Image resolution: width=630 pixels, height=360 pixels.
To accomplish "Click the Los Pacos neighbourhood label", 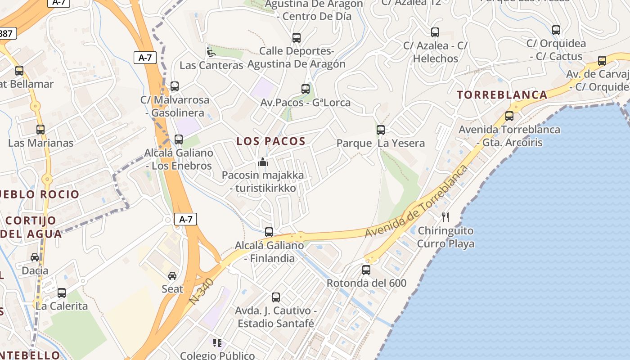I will [x=271, y=141].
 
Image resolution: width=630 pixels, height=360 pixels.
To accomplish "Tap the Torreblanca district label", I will [x=502, y=95].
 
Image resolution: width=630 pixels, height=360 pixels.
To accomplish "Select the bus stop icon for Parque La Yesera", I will [x=381, y=130].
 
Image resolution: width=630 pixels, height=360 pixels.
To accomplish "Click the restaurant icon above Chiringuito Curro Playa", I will [x=445, y=217].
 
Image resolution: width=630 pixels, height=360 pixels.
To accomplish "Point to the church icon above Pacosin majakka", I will [x=263, y=162].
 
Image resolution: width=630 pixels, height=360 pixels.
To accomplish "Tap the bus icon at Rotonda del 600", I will [x=366, y=270].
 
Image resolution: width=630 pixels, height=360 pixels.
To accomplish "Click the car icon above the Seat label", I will [x=172, y=275].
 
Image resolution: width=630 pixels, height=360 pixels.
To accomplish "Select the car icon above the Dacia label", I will [x=35, y=257].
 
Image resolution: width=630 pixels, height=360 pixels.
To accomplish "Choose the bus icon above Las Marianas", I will [x=40, y=130].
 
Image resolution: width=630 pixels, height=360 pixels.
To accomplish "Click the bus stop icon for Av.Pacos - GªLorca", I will [x=306, y=89].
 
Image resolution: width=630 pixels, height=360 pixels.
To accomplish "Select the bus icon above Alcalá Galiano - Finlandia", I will [x=269, y=232].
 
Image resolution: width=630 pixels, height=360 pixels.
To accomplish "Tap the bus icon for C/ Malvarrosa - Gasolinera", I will [x=175, y=86].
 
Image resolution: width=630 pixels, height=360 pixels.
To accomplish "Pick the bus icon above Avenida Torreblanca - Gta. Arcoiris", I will [x=509, y=116].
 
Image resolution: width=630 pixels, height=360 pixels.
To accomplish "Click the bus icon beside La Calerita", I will [x=62, y=293].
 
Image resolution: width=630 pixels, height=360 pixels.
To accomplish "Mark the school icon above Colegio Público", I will [x=218, y=343].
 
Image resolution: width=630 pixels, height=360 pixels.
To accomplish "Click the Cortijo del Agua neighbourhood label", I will [x=31, y=227].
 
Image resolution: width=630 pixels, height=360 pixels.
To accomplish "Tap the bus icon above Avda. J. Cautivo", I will [x=276, y=297].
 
